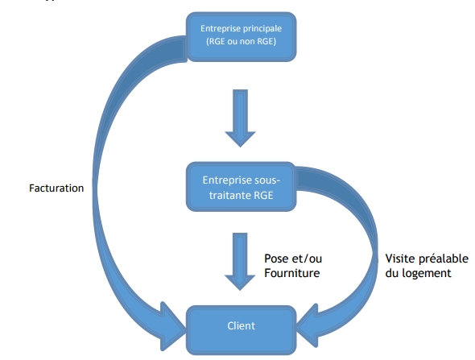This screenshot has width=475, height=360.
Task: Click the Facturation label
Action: (56, 188)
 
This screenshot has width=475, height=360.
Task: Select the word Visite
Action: (401, 259)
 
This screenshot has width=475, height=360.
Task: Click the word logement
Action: (426, 273)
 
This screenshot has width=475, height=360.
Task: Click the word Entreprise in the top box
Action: (217, 29)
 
